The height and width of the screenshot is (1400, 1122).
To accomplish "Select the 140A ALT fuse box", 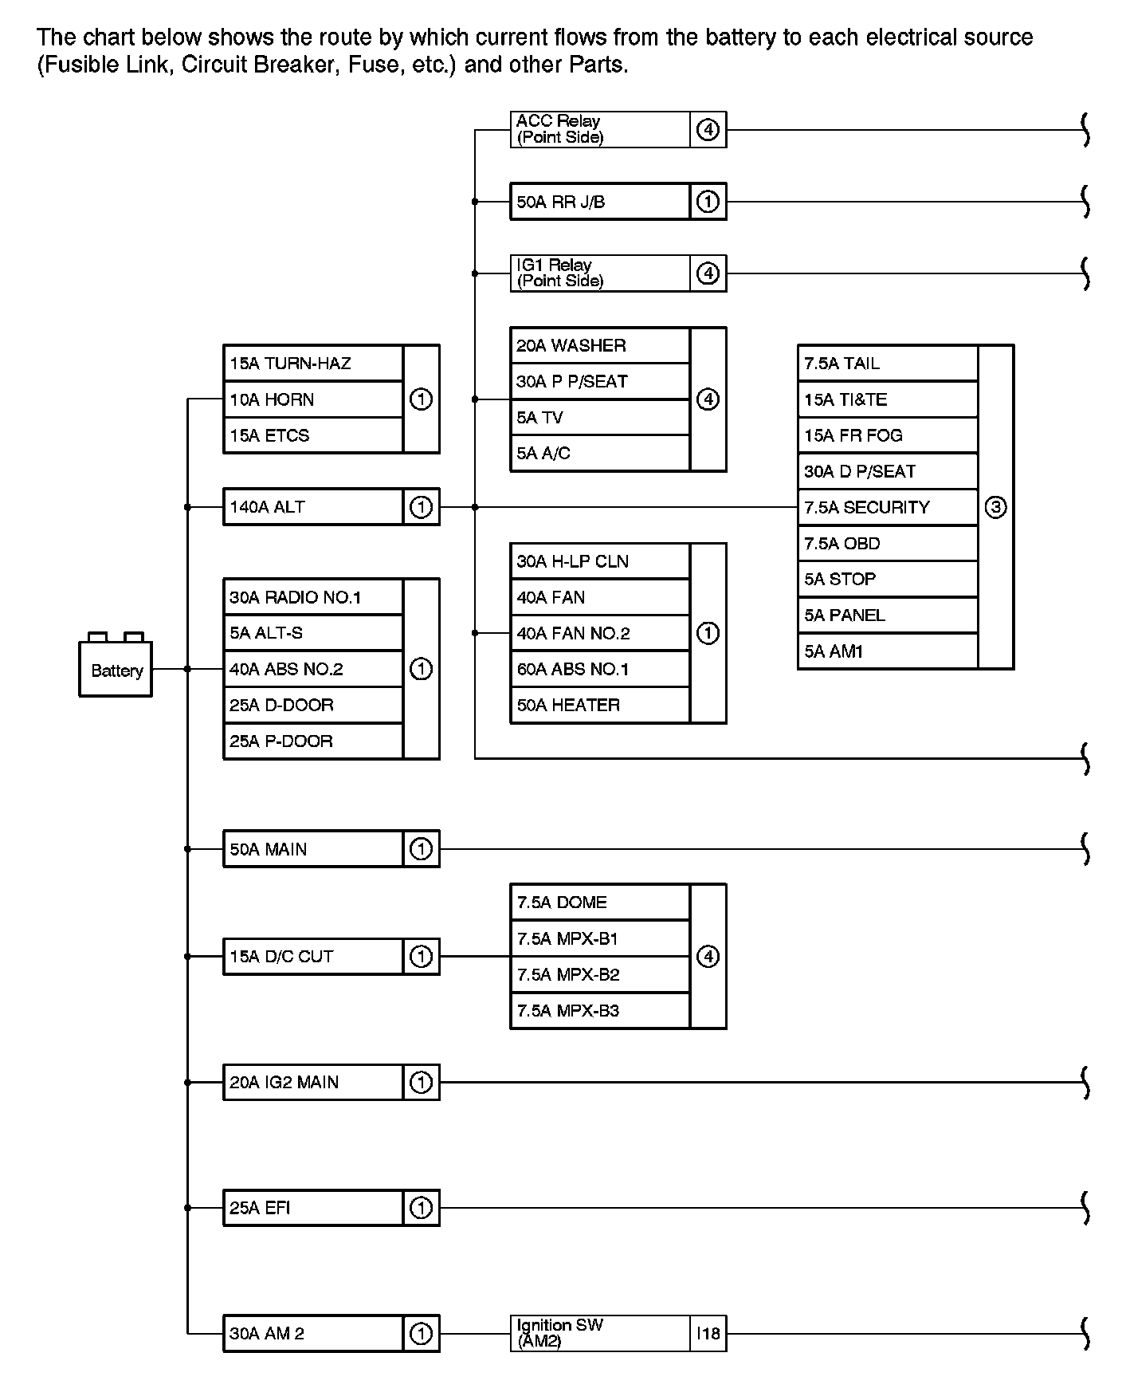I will pyautogui.click(x=313, y=507).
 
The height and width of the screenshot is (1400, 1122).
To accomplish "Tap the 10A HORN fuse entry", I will pyautogui.click(x=313, y=399).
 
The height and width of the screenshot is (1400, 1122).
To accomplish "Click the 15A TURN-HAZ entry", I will pyautogui.click(x=313, y=364).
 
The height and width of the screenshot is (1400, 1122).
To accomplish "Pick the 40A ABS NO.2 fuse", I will pyautogui.click(x=313, y=669).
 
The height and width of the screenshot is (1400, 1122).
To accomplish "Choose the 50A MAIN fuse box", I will pyautogui.click(x=313, y=849).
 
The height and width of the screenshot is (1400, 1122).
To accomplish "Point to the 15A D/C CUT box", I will pyautogui.click(x=313, y=956).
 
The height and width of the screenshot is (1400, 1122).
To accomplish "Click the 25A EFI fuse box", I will pyautogui.click(x=313, y=1208).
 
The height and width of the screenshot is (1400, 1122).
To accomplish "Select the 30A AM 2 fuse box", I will pyautogui.click(x=313, y=1333).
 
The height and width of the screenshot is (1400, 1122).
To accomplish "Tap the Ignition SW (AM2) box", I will pyautogui.click(x=599, y=1333).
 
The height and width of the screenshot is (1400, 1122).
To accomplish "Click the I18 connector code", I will pyautogui.click(x=708, y=1333).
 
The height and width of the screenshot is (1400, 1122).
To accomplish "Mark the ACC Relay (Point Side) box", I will pyautogui.click(x=599, y=129).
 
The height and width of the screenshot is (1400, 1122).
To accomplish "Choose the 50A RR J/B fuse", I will pyautogui.click(x=599, y=202).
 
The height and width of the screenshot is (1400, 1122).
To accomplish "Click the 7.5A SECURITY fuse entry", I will pyautogui.click(x=887, y=507).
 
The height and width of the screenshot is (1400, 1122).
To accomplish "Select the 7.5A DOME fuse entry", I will pyautogui.click(x=599, y=903).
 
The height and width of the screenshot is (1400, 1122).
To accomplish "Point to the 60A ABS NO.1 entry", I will pyautogui.click(x=599, y=669).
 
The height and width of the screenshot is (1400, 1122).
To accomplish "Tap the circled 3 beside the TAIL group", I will pyautogui.click(x=995, y=507).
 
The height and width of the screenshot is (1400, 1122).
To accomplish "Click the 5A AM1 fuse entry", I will pyautogui.click(x=887, y=651).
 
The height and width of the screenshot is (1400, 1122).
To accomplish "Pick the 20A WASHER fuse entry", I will pyautogui.click(x=599, y=345).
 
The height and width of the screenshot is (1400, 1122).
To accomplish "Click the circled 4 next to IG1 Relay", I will pyautogui.click(x=708, y=273).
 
